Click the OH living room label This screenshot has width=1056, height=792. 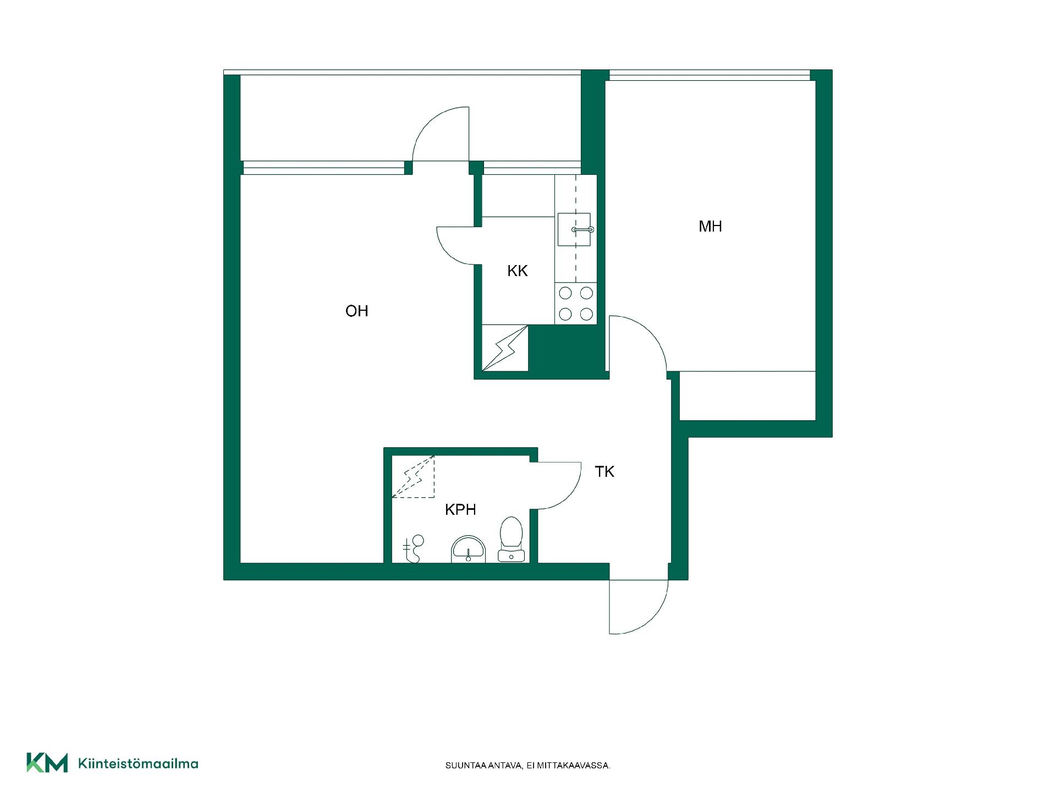point(356,311)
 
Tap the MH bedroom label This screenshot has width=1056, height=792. point(710,226)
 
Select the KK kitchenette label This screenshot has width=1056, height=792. point(518,271)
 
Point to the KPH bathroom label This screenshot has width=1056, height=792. point(460,509)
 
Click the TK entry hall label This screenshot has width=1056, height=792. point(604,471)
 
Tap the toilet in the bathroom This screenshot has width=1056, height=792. point(511,539)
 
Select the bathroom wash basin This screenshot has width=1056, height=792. point(469,549)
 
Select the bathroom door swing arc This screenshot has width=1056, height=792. point(566,496)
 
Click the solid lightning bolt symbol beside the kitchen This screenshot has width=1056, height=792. point(505,348)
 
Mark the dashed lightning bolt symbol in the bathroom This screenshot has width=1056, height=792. point(413,476)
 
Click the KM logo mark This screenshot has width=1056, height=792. point(47,763)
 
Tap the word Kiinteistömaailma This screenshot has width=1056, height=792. point(139,763)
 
